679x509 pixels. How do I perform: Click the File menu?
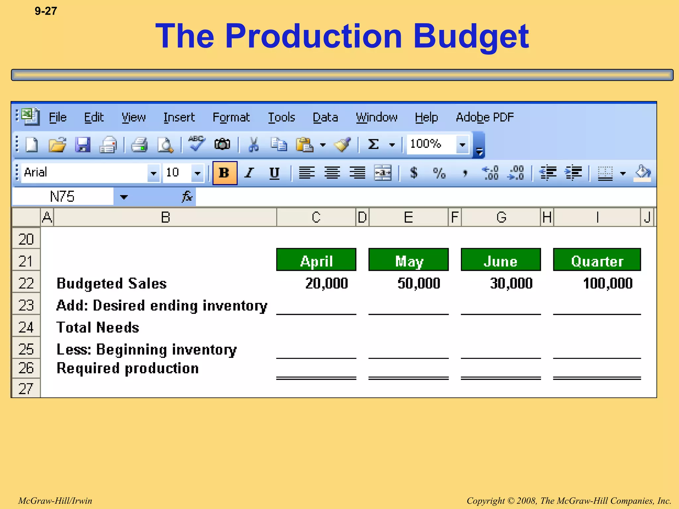click(x=58, y=117)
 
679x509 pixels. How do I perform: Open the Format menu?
click(x=231, y=117)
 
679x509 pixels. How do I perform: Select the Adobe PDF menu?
click(x=485, y=117)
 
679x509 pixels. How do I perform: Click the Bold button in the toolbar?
click(x=224, y=173)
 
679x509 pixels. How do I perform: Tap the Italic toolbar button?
click(x=249, y=173)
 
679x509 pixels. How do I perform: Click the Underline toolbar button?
click(x=274, y=173)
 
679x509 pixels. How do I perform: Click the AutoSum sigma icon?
click(x=373, y=144)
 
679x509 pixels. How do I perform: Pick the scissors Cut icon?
click(x=254, y=144)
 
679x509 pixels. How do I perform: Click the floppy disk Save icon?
click(x=83, y=144)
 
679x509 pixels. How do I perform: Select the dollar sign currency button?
click(x=413, y=173)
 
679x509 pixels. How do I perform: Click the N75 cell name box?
click(x=62, y=197)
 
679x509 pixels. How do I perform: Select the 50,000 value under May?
click(x=419, y=283)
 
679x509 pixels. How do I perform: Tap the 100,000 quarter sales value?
click(x=607, y=283)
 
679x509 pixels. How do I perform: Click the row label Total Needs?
click(x=98, y=327)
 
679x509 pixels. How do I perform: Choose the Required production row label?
click(x=128, y=368)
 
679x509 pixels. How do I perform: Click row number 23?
click(x=26, y=305)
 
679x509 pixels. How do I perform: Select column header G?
click(x=501, y=217)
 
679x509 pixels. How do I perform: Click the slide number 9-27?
click(x=46, y=11)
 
